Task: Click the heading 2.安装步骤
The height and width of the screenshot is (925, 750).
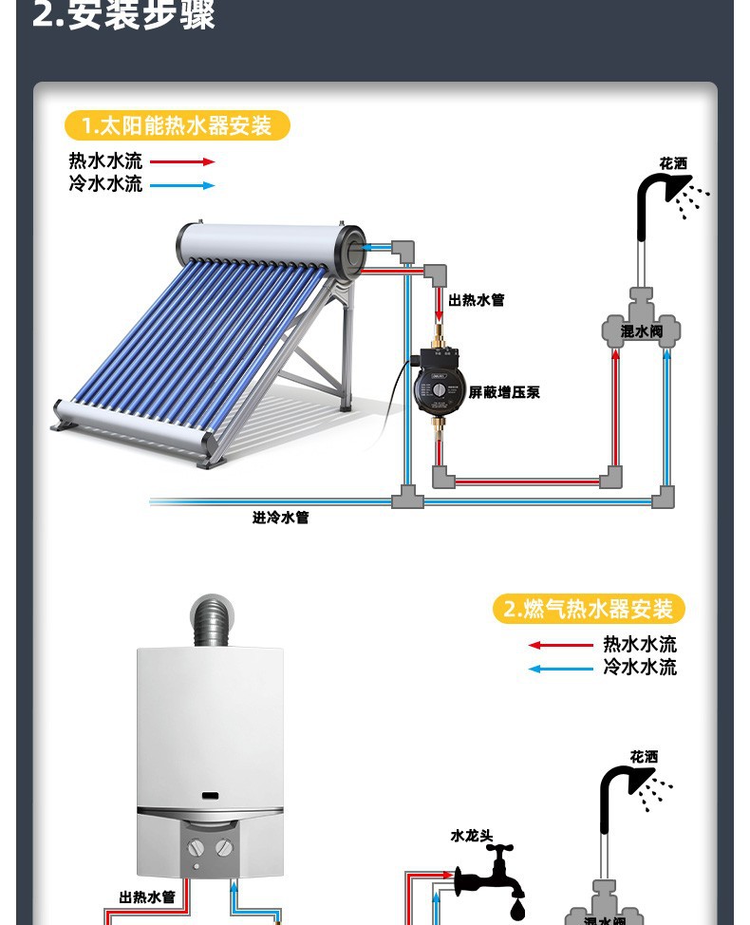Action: (123, 15)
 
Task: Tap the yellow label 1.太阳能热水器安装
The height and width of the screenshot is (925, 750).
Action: (177, 125)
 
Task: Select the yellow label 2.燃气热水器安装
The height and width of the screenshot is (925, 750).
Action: (589, 609)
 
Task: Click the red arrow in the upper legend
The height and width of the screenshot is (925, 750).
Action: (182, 161)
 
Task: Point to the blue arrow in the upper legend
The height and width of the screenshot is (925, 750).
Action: (182, 184)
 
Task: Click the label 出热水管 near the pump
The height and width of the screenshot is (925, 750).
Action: (477, 300)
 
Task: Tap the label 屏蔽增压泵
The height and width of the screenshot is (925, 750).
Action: (504, 391)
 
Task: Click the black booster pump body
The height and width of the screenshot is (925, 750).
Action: (438, 385)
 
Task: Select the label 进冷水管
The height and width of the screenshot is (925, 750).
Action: (280, 518)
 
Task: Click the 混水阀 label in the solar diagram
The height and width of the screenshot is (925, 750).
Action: (642, 331)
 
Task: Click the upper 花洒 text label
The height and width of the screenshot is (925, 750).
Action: (673, 163)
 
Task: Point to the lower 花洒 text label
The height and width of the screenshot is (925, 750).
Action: (644, 756)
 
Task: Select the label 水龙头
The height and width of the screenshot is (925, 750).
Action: (472, 836)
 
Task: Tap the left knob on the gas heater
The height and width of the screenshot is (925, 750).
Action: (196, 847)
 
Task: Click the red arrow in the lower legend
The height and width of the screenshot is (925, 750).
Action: (560, 645)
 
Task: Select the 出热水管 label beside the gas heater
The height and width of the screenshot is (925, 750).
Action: (147, 897)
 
